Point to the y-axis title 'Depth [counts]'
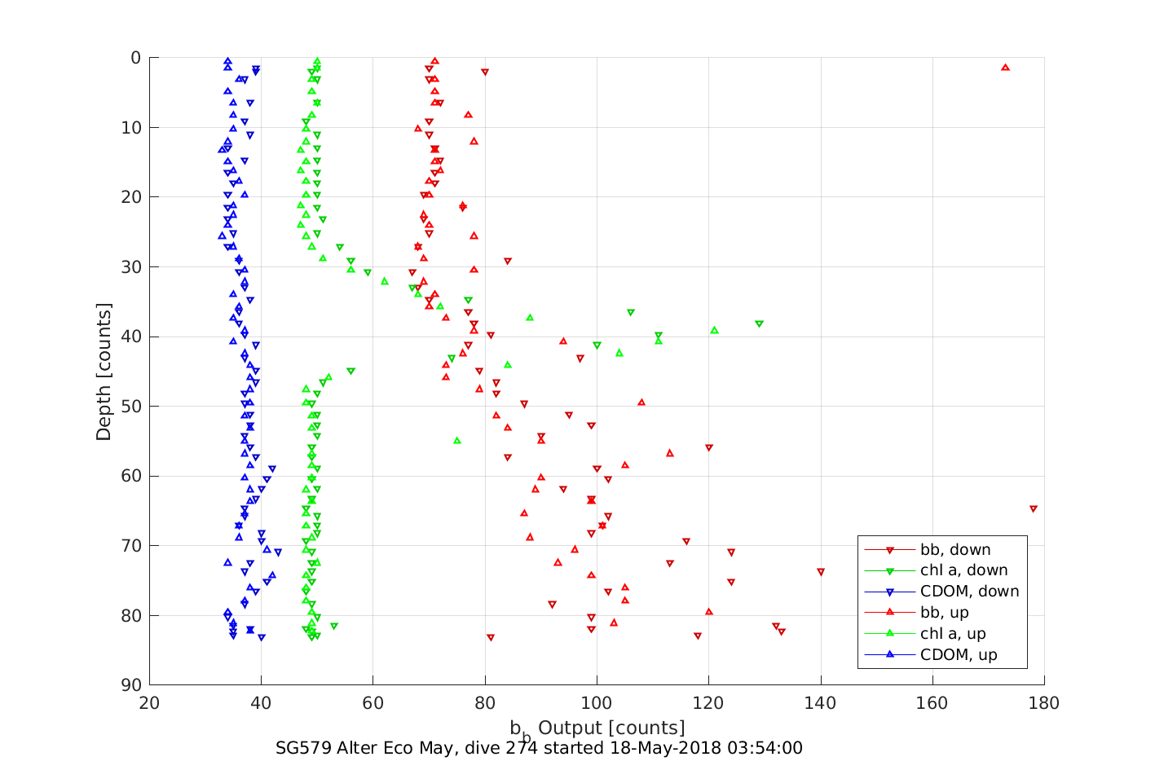tap(104, 372)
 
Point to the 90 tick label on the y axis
tap(131, 685)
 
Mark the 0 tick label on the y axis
tap(136, 58)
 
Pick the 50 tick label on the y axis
tap(131, 407)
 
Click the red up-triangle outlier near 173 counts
tap(1005, 67)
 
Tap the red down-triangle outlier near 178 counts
tap(1034, 508)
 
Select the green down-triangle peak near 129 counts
tap(759, 323)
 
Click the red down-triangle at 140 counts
tap(821, 572)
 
